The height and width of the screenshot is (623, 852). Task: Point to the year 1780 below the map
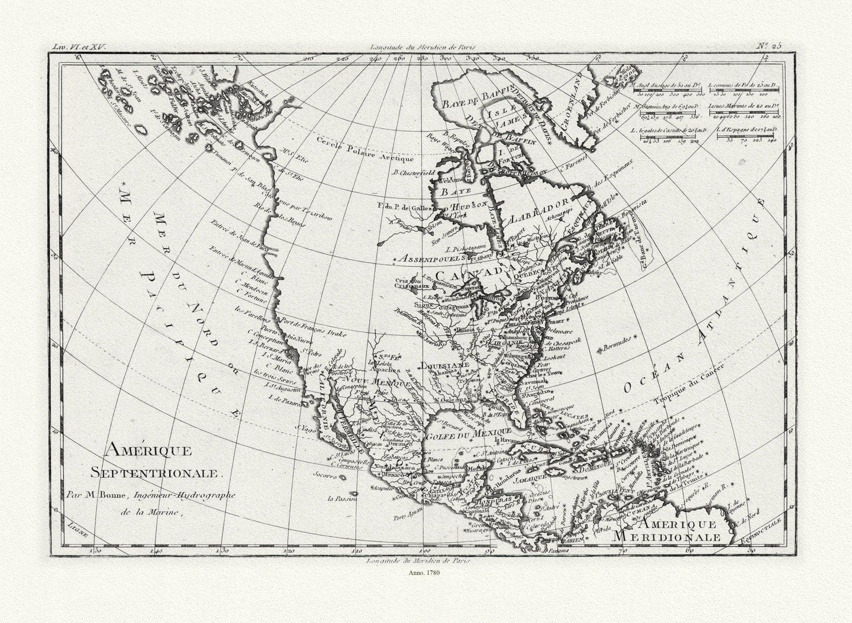pyautogui.click(x=425, y=572)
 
